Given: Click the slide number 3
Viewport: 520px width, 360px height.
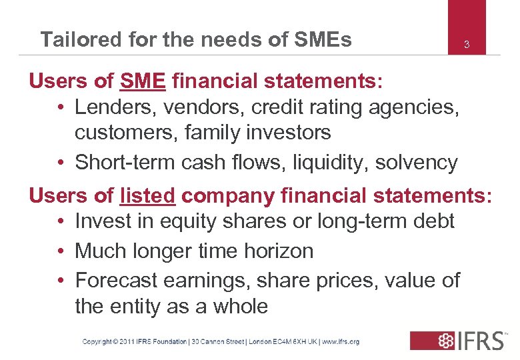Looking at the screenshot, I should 467,45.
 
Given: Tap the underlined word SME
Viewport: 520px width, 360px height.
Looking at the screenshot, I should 143,82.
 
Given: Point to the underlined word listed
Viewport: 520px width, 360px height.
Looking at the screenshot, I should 148,196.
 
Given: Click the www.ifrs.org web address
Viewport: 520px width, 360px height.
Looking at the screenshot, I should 341,341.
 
